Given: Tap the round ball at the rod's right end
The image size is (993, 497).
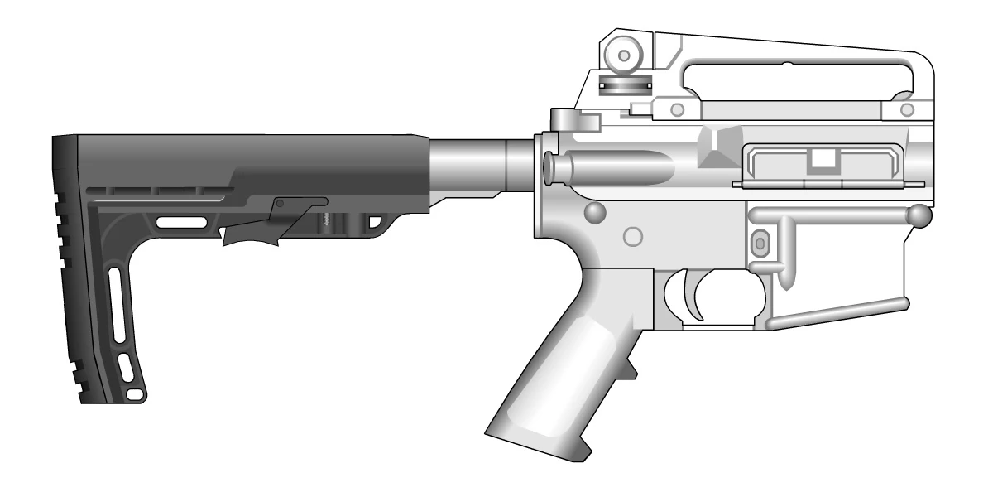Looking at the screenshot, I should pos(918,216).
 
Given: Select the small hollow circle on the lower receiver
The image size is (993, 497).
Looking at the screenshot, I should pos(633,235).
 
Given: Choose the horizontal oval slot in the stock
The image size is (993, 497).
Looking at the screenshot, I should pos(182,221).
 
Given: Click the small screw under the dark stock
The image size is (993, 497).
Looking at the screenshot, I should pos(328,219).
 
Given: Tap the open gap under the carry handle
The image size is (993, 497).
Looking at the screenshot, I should pos(794,83).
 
